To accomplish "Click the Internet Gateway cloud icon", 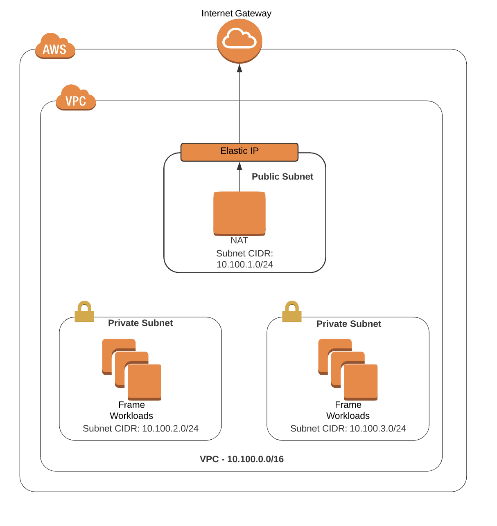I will pyautogui.click(x=239, y=40).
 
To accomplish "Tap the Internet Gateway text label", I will pyautogui.click(x=236, y=13).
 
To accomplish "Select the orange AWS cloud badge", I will pyautogui.click(x=55, y=47).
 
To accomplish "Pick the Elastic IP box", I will pyautogui.click(x=239, y=152).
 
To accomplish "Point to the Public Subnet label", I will pyautogui.click(x=282, y=177).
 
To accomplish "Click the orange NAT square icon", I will pyautogui.click(x=239, y=213).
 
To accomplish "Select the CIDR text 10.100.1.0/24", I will pyautogui.click(x=245, y=265).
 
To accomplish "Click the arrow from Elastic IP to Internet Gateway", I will pyautogui.click(x=239, y=106).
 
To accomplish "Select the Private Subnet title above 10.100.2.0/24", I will pyautogui.click(x=140, y=323).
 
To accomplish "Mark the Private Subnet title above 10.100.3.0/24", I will pyautogui.click(x=349, y=324).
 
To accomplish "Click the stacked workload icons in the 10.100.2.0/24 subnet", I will pyautogui.click(x=132, y=369).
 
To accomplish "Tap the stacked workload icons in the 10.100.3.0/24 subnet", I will pyautogui.click(x=348, y=369).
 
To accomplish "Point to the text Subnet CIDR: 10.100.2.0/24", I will pyautogui.click(x=140, y=429).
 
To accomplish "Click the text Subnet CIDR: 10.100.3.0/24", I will pyautogui.click(x=348, y=429).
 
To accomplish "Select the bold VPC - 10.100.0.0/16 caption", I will pyautogui.click(x=242, y=459).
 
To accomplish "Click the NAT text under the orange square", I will pyautogui.click(x=239, y=241).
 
